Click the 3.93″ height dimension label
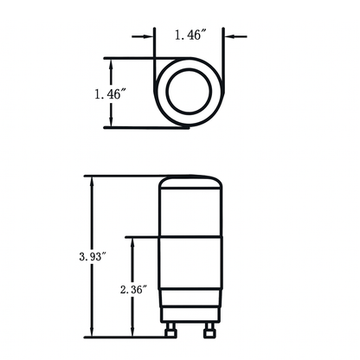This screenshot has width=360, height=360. pyautogui.click(x=91, y=257)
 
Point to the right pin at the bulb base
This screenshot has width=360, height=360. pyautogui.click(x=208, y=331)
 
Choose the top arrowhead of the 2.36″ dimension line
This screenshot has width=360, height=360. pyautogui.click(x=132, y=241)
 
